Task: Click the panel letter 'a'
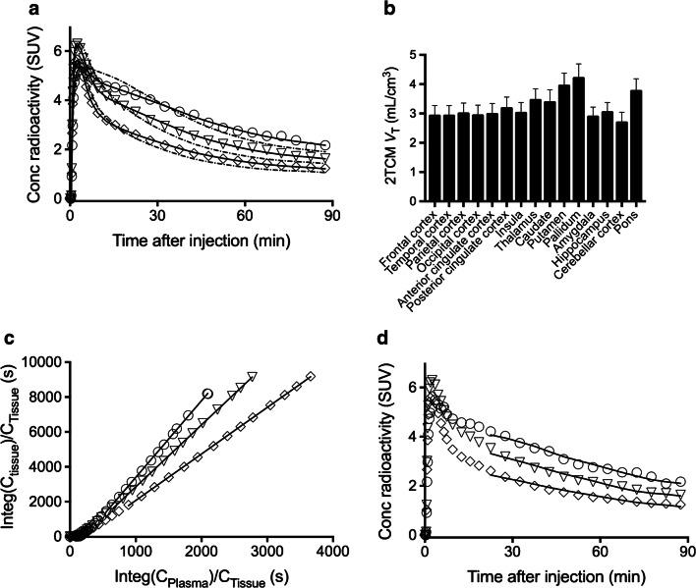point(10,11)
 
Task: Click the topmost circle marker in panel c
point(206,393)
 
